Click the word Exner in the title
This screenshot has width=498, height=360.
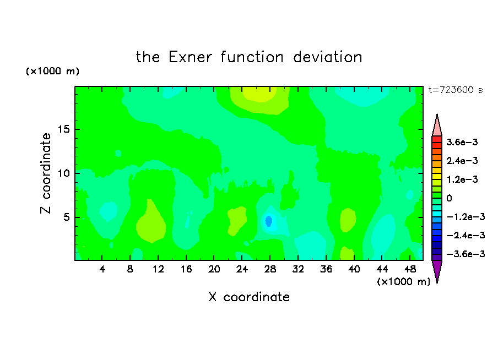point(190,57)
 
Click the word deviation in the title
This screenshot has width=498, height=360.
point(328,57)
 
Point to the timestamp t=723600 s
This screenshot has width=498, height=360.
point(456,90)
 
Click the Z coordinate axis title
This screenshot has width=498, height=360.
point(46,173)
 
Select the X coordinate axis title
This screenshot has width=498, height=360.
point(249,297)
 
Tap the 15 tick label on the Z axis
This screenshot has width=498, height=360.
point(64,129)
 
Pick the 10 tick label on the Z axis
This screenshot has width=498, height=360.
point(64,173)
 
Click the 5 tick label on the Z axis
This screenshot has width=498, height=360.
point(67,217)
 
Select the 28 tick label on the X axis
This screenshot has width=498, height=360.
point(270,269)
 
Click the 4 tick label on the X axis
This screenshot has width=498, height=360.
point(102,269)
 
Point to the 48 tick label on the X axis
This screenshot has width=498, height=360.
point(410,269)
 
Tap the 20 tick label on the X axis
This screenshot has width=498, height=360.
point(214,269)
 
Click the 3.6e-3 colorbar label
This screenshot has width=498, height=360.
point(462,142)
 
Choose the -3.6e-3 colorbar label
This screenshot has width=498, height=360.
point(466,254)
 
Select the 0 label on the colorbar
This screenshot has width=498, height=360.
point(449,198)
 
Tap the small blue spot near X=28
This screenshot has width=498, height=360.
point(269,221)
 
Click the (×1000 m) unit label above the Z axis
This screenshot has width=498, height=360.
point(52,71)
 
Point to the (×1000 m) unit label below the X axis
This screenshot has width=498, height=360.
point(403,282)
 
